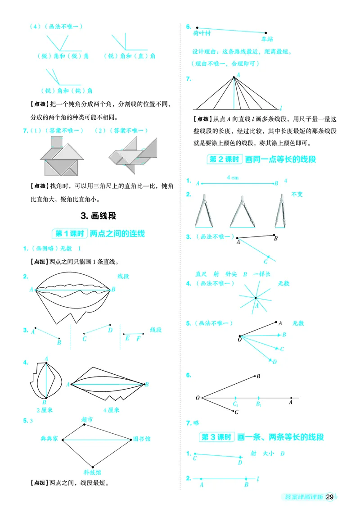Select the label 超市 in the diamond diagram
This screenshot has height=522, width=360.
click(87, 419)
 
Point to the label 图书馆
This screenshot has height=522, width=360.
click(142, 440)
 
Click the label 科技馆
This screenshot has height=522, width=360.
click(92, 472)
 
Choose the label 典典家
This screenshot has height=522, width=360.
click(49, 439)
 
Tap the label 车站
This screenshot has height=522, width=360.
click(267, 40)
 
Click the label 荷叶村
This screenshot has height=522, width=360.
click(202, 33)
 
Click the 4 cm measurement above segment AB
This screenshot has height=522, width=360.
click(233, 177)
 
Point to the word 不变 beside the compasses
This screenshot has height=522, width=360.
click(297, 194)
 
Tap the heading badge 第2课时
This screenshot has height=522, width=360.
click(224, 159)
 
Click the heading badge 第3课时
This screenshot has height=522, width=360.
click(216, 437)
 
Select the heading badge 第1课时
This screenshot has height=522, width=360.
click(69, 233)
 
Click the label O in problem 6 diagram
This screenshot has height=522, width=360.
click(197, 398)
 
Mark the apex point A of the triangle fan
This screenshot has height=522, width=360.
click(234, 77)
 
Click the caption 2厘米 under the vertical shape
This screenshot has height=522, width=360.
click(45, 410)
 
